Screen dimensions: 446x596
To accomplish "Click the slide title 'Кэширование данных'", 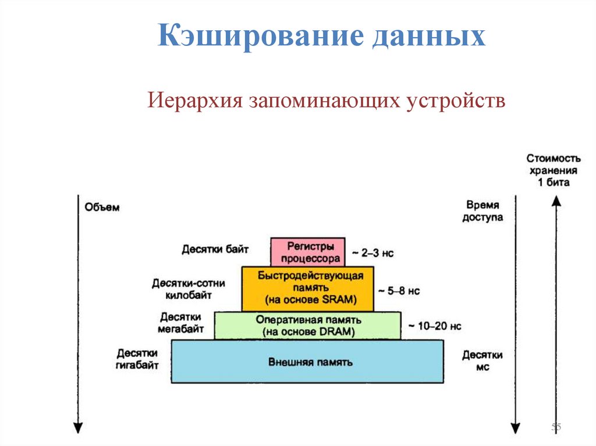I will [322, 36].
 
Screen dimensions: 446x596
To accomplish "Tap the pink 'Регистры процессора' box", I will [307, 252].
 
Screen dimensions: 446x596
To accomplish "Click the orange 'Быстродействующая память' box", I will [307, 288].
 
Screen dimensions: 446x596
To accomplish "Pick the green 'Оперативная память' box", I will [307, 326].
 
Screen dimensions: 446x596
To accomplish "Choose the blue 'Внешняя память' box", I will [307, 362].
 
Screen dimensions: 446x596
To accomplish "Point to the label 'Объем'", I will [102, 208].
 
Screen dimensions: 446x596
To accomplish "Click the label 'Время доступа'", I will [483, 211].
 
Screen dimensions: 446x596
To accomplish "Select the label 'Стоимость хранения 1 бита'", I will [553, 170].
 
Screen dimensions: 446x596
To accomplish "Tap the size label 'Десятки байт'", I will [215, 249].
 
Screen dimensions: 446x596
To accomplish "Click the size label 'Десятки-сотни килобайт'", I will [188, 288].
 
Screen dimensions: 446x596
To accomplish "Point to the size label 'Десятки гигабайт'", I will [137, 359].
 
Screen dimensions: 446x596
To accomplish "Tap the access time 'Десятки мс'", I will [483, 361].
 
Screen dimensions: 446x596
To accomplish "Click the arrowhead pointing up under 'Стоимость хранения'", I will [556, 201].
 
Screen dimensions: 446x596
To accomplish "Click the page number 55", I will [556, 428].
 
